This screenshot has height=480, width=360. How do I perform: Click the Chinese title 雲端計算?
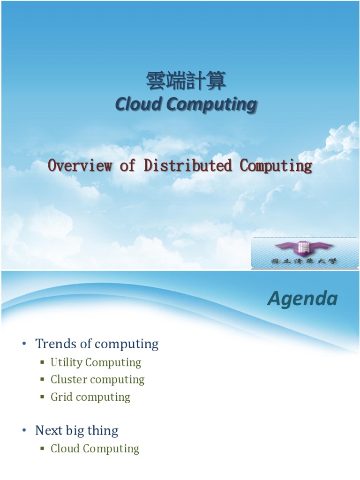pyautogui.click(x=186, y=81)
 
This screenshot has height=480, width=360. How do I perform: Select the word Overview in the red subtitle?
pyautogui.click(x=80, y=165)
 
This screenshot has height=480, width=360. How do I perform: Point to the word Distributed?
pyautogui.click(x=188, y=165)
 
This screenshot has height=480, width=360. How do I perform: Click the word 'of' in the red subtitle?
pyautogui.click(x=127, y=165)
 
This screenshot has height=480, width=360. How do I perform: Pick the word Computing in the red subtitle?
pyautogui.click(x=276, y=165)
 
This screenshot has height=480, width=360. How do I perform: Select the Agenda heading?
pyautogui.click(x=302, y=299)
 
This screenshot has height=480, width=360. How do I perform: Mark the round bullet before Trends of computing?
pyautogui.click(x=24, y=345)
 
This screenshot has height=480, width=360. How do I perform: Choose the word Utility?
pyautogui.click(x=67, y=362)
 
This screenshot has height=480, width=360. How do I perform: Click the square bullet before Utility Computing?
pyautogui.click(x=42, y=362)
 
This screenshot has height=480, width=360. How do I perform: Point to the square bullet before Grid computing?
pyautogui.click(x=42, y=397)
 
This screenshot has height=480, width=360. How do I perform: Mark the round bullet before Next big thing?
pyautogui.click(x=24, y=431)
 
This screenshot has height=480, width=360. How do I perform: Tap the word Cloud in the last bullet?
pyautogui.click(x=65, y=449)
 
